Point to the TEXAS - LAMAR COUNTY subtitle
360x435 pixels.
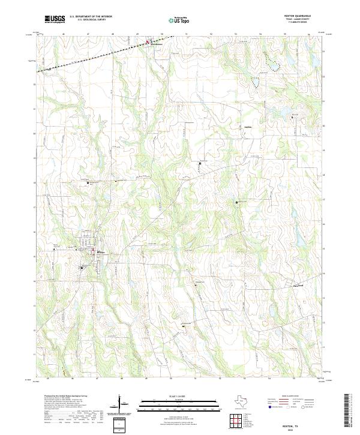pos(302,20)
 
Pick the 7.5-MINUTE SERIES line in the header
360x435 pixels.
pos(302,23)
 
